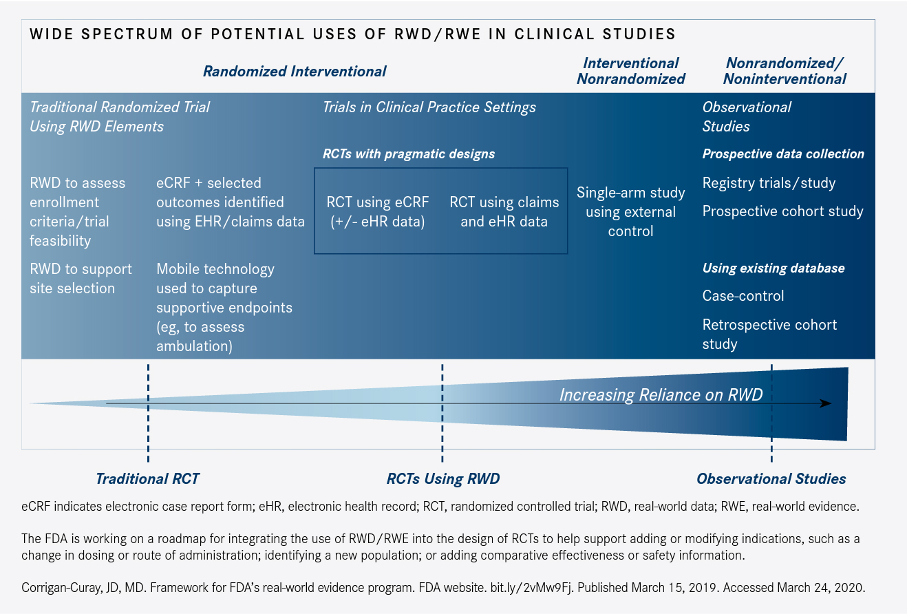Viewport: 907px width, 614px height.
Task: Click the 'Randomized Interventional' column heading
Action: [295, 71]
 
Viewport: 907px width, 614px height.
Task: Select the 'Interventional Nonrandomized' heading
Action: [630, 71]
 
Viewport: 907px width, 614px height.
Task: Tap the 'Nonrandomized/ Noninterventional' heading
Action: [785, 71]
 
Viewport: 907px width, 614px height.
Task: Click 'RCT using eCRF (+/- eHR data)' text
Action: [377, 211]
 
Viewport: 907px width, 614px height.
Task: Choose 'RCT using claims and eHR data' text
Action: [504, 211]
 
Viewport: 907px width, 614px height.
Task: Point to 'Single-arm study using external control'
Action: [630, 212]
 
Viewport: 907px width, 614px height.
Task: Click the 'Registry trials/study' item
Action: [769, 183]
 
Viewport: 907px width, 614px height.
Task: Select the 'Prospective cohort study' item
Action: [782, 211]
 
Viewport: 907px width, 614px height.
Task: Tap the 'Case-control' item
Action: [743, 296]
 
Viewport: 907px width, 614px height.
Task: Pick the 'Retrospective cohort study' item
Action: [769, 334]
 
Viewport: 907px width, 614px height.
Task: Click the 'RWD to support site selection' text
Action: [81, 278]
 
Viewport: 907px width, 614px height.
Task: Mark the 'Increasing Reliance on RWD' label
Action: [661, 394]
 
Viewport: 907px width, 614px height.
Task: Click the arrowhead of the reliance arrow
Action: [825, 403]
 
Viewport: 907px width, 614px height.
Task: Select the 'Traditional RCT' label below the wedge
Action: [147, 479]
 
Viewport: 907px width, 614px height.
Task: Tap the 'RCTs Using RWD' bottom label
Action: [442, 479]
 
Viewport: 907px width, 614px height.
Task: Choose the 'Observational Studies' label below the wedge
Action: [771, 479]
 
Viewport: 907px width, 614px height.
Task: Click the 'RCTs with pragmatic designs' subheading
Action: [409, 153]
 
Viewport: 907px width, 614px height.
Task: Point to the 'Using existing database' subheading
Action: [773, 268]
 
